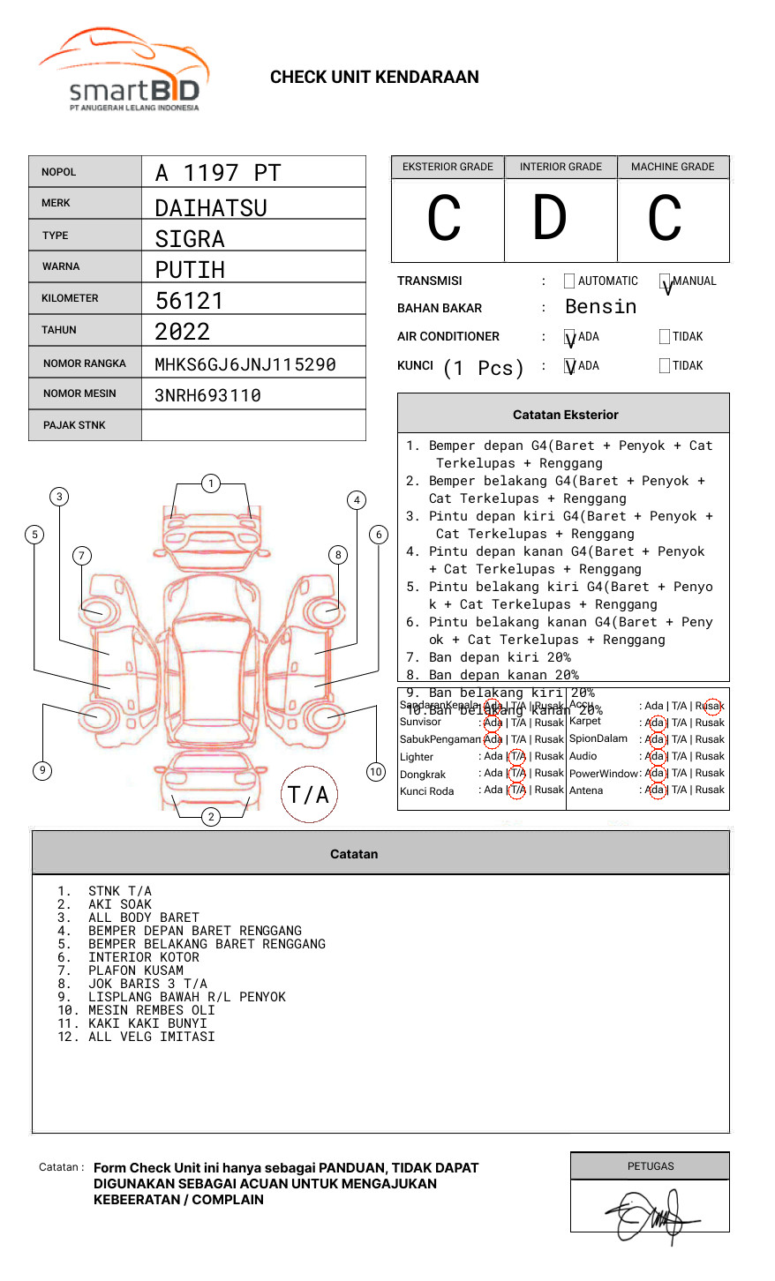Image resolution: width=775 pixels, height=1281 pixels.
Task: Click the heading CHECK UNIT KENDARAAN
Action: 374,78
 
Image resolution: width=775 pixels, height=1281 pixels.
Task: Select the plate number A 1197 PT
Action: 217,173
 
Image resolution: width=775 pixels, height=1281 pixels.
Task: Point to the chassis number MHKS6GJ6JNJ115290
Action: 245,364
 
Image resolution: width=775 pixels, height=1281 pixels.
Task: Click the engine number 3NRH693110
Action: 207,395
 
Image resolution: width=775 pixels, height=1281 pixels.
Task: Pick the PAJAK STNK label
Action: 74,425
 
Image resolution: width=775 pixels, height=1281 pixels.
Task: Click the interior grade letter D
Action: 549,219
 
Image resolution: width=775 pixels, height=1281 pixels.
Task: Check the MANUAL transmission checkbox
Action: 665,281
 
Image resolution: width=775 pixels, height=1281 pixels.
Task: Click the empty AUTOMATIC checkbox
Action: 569,281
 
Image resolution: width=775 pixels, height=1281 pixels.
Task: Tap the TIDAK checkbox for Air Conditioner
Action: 665,336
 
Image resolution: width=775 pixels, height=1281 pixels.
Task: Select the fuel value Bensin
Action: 600,307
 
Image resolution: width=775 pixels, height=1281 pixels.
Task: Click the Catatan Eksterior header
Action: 565,415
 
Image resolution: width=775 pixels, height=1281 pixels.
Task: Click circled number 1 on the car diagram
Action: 210,483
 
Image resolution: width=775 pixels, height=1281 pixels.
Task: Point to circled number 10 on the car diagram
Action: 376,772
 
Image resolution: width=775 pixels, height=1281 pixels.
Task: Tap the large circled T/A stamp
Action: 309,794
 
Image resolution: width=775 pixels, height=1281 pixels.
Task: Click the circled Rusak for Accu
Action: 711,706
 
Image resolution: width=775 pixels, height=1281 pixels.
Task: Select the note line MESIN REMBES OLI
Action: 152,1010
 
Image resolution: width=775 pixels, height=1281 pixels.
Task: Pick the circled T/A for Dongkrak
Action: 517,773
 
